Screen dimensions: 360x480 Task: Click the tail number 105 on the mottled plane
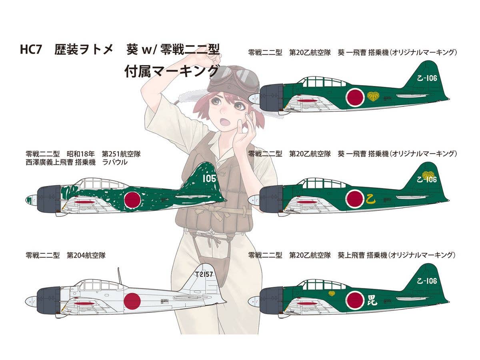tap(209, 178)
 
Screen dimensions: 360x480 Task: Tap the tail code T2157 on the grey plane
tap(204, 274)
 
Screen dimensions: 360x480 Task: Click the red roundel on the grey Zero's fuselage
tap(132, 301)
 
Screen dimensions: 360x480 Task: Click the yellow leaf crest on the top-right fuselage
tap(373, 96)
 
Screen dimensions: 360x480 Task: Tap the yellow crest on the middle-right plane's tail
tap(428, 175)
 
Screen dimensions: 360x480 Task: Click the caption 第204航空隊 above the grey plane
tap(86, 255)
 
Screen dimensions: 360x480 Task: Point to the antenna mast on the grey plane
tap(119, 276)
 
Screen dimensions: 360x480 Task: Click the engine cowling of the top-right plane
tap(272, 97)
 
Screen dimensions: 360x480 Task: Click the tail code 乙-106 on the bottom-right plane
tap(426, 281)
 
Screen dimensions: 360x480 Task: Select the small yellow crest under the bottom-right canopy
tap(332, 294)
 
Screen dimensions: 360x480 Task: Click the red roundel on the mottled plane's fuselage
tap(132, 200)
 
